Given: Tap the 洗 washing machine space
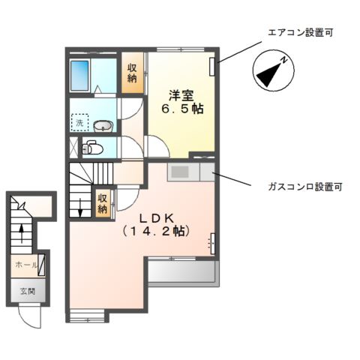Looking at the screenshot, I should pyautogui.click(x=79, y=122).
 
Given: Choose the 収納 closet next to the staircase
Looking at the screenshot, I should pyautogui.click(x=103, y=203).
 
